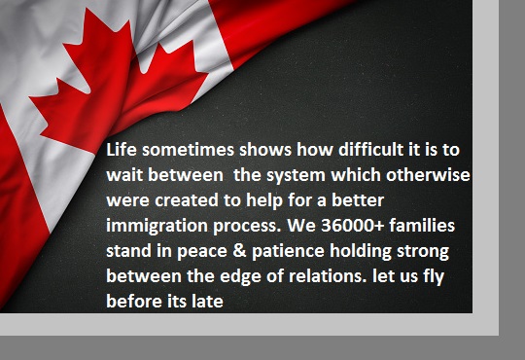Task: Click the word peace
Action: pos(219,251)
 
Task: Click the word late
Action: pos(205,302)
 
